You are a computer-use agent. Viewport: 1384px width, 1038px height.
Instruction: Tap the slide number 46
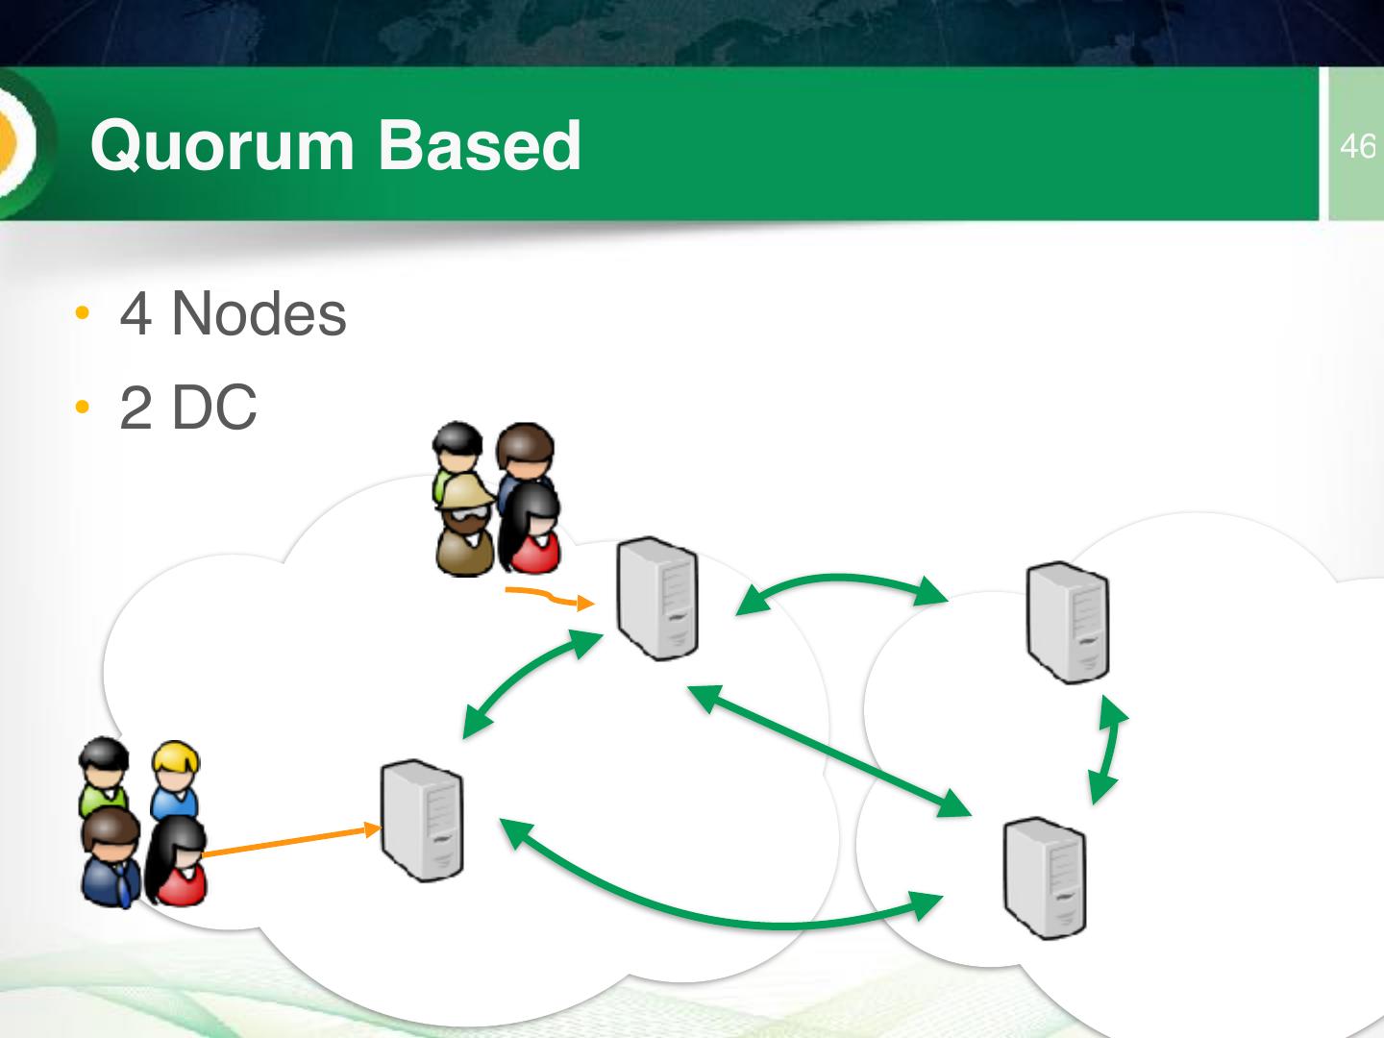(x=1357, y=146)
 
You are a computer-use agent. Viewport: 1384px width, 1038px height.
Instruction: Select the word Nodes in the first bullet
(x=259, y=313)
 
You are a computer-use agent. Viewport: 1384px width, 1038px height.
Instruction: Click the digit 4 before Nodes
(x=136, y=314)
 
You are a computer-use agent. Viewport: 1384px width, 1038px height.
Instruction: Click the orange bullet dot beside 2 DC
(x=84, y=408)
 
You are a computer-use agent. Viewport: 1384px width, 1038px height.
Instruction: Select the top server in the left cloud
(x=657, y=598)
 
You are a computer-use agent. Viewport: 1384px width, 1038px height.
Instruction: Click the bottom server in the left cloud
(x=421, y=820)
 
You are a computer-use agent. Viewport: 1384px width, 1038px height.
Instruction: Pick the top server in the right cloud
(x=1067, y=622)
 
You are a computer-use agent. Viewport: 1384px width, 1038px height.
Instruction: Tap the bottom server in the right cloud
(x=1044, y=877)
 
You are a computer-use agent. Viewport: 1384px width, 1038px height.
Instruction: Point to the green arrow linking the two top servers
(x=841, y=582)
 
